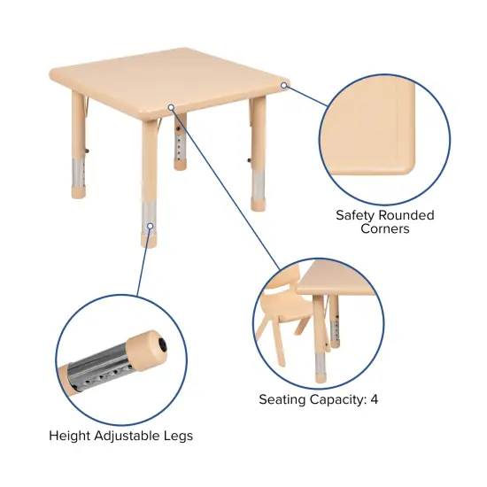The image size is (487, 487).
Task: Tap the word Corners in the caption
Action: [384, 228]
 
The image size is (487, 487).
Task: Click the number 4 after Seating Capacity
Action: [375, 399]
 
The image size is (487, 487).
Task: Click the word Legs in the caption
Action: [178, 436]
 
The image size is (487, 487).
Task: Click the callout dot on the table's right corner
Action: [285, 86]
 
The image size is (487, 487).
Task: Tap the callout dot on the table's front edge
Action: [172, 108]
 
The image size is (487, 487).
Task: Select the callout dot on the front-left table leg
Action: [151, 226]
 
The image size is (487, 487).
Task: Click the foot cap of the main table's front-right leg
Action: [259, 203]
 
